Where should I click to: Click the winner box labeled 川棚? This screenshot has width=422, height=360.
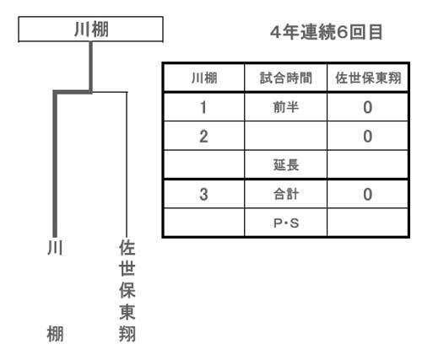click(x=90, y=30)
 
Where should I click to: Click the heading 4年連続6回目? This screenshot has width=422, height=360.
click(x=326, y=32)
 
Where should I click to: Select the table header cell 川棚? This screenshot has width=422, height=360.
click(x=204, y=78)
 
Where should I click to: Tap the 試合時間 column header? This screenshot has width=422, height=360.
click(x=286, y=78)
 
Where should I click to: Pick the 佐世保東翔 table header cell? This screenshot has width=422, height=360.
click(x=368, y=78)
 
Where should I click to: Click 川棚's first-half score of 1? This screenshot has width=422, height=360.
click(x=203, y=107)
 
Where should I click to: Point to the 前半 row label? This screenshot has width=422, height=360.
click(x=286, y=107)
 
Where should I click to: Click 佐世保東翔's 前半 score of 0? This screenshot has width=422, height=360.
click(x=368, y=107)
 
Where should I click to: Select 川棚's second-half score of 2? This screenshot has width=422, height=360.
click(x=203, y=137)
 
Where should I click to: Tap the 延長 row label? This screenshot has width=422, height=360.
click(x=286, y=165)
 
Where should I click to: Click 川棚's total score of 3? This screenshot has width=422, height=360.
click(x=203, y=194)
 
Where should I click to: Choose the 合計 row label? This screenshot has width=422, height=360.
click(x=286, y=194)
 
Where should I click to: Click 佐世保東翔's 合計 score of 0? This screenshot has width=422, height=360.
click(x=368, y=194)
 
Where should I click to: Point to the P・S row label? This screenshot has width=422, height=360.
click(x=286, y=223)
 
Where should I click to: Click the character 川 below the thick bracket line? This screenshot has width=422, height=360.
click(x=55, y=247)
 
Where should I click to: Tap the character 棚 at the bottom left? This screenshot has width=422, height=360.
click(x=55, y=334)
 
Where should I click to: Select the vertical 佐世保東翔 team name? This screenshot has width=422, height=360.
click(x=127, y=291)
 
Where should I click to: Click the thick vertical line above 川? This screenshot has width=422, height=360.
click(x=55, y=164)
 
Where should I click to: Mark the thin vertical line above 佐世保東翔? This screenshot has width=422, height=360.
click(x=127, y=164)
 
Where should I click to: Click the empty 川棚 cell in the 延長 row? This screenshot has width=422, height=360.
click(x=204, y=165)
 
